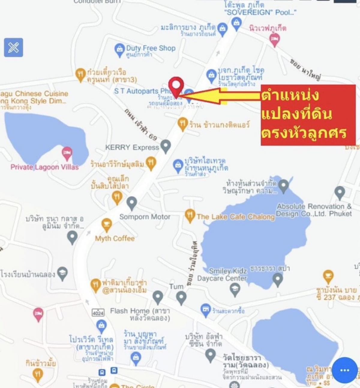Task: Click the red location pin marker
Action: pos(176,86)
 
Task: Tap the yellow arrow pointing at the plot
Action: pos(220,96)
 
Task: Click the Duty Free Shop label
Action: pos(151,48)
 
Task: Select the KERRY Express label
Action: pos(132,147)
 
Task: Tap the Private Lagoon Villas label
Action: pos(44,167)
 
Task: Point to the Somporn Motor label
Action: pos(145,217)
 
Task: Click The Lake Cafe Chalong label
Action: pos(236,217)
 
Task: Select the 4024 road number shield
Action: pos(98,313)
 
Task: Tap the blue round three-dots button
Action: pos(345,370)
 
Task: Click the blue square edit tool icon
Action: pos(13,47)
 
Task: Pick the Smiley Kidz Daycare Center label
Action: pos(222,275)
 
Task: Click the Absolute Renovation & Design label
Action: pos(314,210)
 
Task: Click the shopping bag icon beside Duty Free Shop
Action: pos(119,50)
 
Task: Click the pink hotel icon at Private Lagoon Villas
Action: pos(67,153)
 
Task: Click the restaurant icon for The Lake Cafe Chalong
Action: pos(190,215)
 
